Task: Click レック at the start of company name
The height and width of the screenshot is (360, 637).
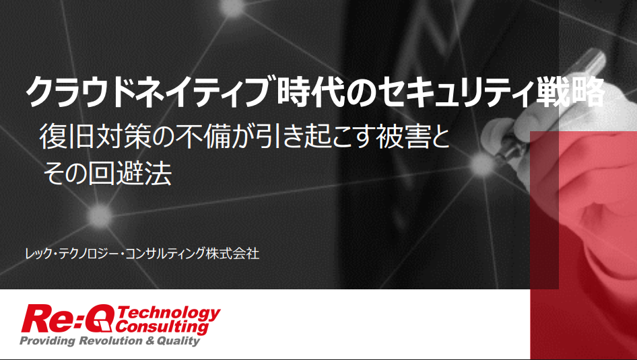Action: click(38, 254)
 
